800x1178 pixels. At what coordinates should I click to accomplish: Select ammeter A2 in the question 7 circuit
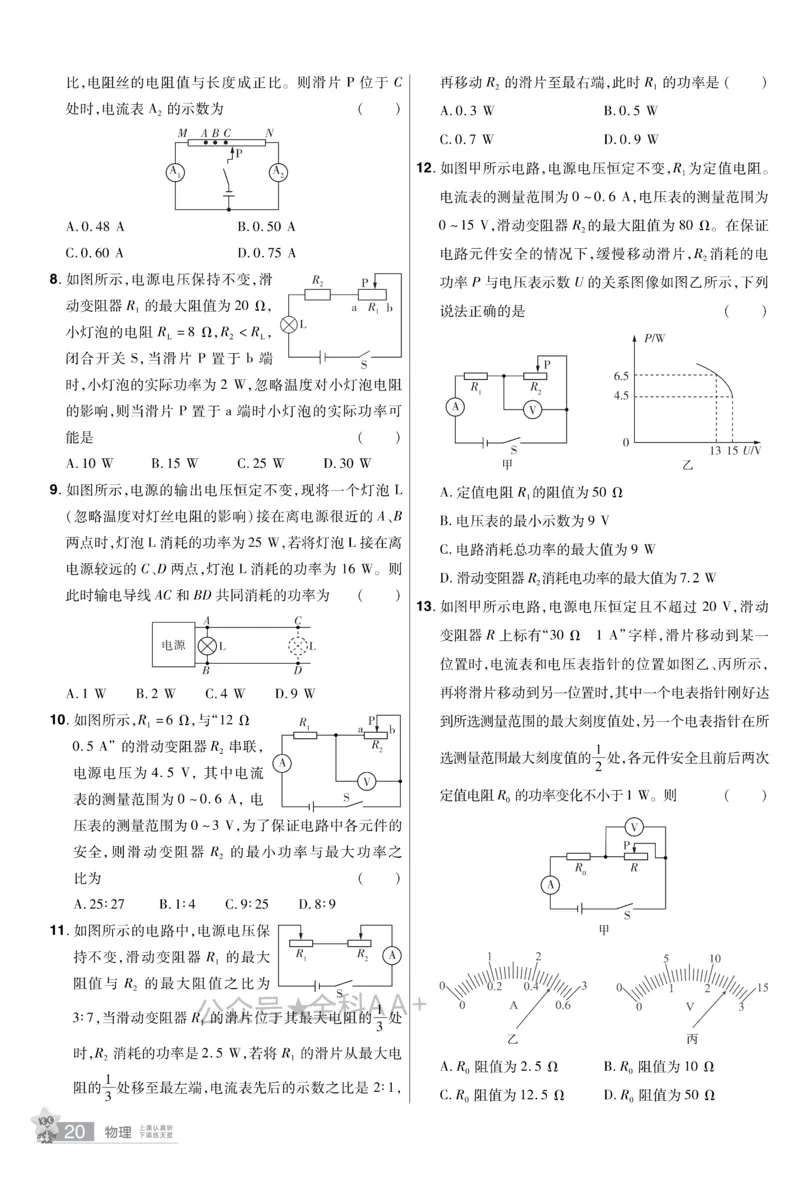coord(277,172)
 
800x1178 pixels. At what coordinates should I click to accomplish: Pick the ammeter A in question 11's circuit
coord(392,954)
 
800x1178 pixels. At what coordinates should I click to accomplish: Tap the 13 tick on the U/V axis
coord(715,452)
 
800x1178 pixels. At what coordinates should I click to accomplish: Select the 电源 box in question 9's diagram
coord(174,646)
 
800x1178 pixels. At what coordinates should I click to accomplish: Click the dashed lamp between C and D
coord(298,646)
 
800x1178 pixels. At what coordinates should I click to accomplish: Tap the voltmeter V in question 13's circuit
coord(632,827)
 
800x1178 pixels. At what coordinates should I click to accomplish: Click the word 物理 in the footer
coord(119,1133)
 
